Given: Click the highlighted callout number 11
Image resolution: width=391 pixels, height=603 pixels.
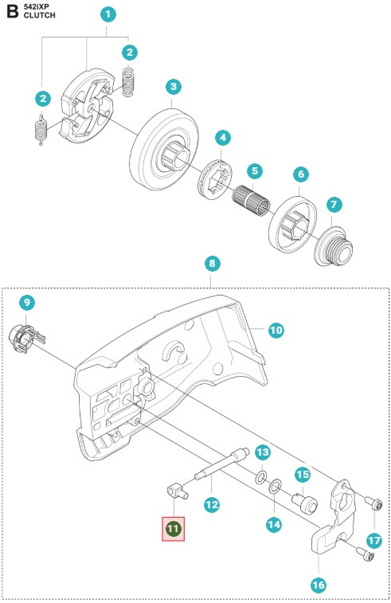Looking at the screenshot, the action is click(x=174, y=529).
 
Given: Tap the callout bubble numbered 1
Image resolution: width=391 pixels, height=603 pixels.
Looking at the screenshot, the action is click(x=108, y=14).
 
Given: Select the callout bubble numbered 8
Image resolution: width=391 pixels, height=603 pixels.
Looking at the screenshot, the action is click(x=213, y=264).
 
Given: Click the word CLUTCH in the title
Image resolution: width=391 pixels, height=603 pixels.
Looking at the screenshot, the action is click(x=39, y=15).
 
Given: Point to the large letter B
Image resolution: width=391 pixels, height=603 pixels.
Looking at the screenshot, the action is click(x=12, y=11).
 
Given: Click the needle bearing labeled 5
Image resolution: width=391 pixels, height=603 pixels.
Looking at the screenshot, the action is click(x=251, y=199).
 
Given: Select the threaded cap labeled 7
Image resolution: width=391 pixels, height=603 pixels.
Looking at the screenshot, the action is click(x=334, y=245).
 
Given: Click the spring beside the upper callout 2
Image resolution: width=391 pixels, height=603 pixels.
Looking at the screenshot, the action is click(x=129, y=82).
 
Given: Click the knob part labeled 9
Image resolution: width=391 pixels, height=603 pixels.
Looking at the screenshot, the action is click(x=26, y=339).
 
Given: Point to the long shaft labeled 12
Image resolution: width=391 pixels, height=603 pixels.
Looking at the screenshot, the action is click(x=221, y=464).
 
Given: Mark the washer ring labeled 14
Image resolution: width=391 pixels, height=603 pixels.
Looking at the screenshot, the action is click(x=275, y=487).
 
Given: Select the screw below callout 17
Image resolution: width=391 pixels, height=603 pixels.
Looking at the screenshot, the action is click(x=366, y=554).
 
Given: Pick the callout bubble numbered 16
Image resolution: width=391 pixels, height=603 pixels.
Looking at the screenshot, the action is click(x=319, y=585).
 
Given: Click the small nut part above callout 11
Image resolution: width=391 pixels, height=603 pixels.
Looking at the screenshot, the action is click(x=178, y=491).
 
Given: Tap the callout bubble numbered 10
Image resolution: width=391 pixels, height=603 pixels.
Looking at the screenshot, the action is click(x=276, y=330).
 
